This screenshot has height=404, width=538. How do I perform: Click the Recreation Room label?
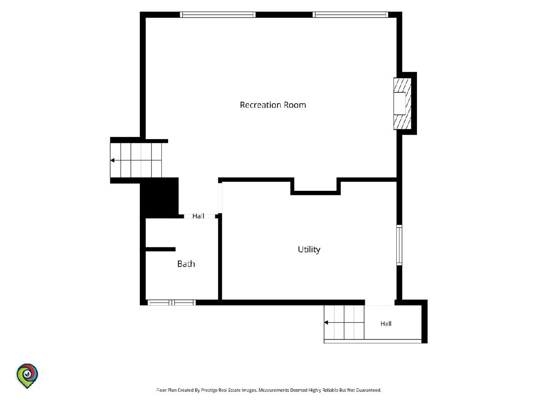(273, 105)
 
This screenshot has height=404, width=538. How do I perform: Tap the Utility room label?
(309, 250)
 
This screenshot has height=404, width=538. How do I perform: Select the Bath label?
(186, 264)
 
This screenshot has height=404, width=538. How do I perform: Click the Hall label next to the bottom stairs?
(386, 324)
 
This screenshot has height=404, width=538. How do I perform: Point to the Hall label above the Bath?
(198, 216)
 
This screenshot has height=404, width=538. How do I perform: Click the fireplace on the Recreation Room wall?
(402, 104)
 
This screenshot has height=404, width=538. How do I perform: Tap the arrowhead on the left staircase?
(113, 160)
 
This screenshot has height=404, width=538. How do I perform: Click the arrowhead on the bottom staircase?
(326, 322)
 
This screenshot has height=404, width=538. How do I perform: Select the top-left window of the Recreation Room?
(217, 15)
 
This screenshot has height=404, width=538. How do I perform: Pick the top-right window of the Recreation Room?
(350, 15)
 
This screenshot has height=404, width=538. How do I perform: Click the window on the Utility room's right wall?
(399, 245)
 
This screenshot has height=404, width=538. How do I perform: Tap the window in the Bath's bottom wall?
(172, 303)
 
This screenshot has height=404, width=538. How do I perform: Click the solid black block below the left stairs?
(159, 198)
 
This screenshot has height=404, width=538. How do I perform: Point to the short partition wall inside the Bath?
(161, 249)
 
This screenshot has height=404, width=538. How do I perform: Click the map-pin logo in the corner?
(27, 376)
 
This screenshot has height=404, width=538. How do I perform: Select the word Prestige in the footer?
(209, 390)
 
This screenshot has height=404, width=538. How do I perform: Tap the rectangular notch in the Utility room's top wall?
(316, 186)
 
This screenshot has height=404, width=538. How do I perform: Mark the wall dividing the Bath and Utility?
(220, 258)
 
